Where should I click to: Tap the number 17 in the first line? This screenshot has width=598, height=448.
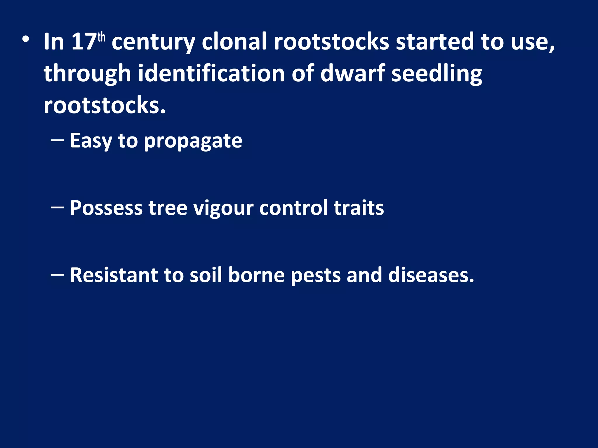(x=84, y=42)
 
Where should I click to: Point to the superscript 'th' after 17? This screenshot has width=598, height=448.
(x=101, y=37)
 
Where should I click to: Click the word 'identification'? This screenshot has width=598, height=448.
(x=211, y=73)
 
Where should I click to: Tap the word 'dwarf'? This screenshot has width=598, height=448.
(x=352, y=73)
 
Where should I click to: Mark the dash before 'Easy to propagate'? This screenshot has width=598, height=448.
(x=57, y=140)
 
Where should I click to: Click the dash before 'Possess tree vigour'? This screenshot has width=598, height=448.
(x=57, y=207)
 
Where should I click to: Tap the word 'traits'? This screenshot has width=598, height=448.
(x=359, y=208)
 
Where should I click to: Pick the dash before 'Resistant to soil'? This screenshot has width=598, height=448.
(x=57, y=274)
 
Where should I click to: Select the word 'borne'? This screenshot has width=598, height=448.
(x=256, y=275)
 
